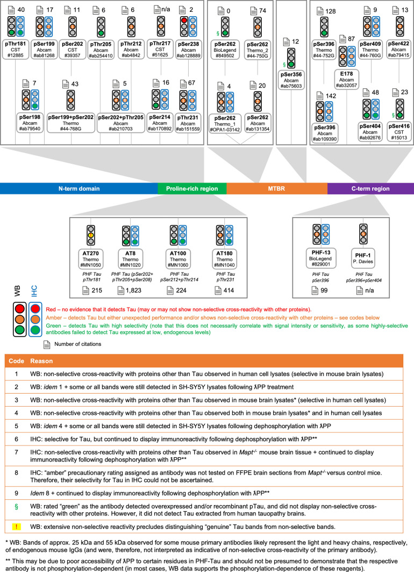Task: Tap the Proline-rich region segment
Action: click(x=192, y=189)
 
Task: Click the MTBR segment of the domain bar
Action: click(x=276, y=189)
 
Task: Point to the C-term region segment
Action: click(x=370, y=189)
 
